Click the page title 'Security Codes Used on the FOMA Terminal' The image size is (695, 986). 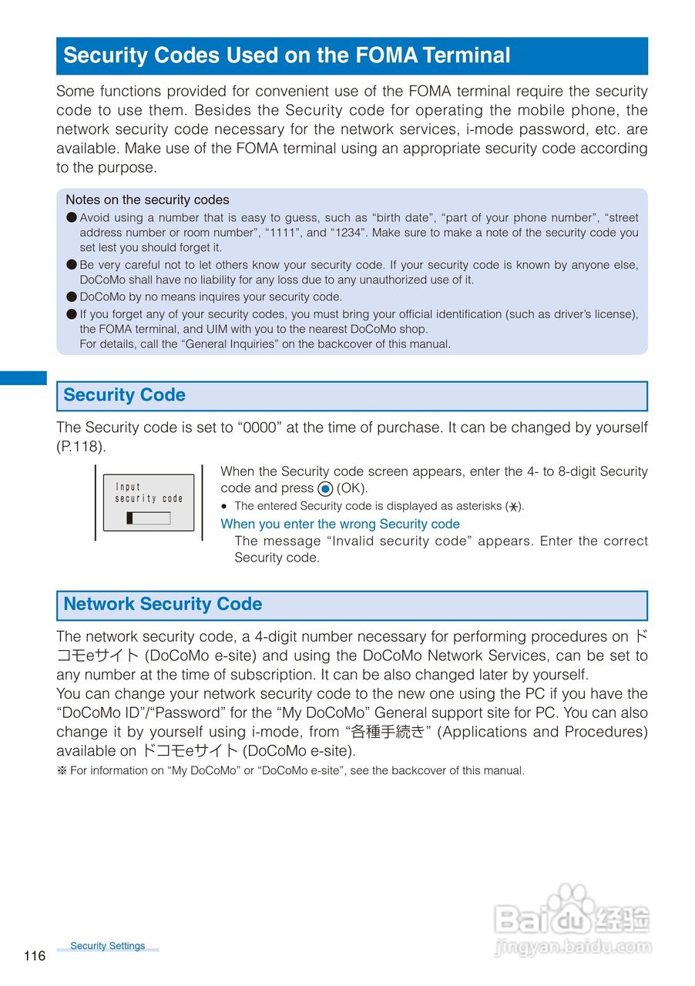pos(287,55)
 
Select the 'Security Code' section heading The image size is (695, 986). pos(124,395)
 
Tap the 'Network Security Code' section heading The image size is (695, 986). pos(163,604)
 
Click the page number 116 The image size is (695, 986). pos(35,956)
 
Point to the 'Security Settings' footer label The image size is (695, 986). pos(107,946)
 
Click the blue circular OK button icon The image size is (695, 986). pos(325,488)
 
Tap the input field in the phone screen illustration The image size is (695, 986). pos(149,518)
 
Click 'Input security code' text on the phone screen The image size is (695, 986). pos(149,492)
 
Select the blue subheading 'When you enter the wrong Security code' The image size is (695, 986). pos(340,524)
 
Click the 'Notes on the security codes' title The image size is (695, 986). pos(147,200)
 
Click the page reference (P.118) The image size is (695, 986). pos(81,447)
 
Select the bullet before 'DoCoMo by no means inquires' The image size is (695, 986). pos(72,297)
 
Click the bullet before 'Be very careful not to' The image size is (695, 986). pos(72,265)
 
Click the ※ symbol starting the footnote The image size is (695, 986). pos(62,770)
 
